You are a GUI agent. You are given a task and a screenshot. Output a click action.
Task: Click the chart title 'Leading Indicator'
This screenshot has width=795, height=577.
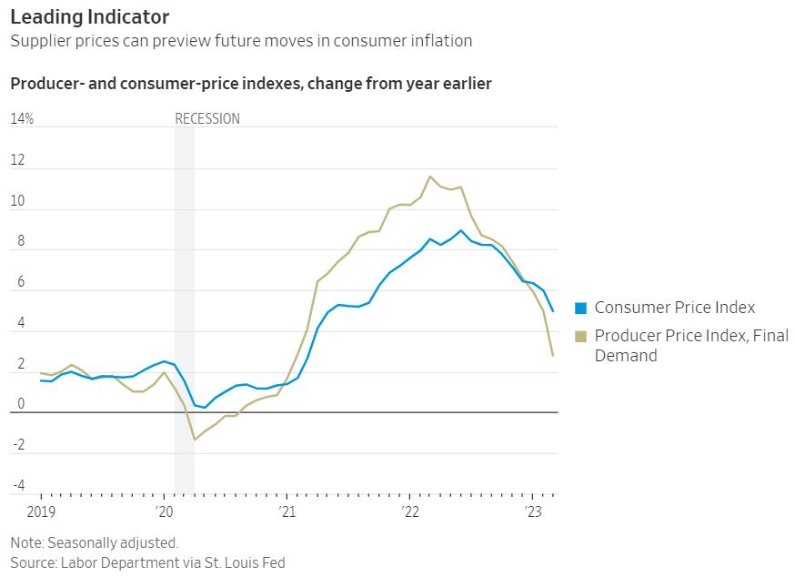(89, 16)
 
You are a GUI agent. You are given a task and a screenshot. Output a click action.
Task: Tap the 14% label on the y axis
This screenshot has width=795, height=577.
(22, 119)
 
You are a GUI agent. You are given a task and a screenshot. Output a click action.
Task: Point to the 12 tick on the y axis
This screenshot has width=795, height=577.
(18, 160)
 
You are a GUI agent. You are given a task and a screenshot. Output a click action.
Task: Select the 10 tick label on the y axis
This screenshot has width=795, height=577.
(18, 201)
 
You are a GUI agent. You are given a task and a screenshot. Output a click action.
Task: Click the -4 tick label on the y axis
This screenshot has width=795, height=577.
(18, 485)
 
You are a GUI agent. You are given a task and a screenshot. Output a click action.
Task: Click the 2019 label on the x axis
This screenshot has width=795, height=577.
(42, 512)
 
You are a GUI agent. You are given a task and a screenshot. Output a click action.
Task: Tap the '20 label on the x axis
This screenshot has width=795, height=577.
(165, 512)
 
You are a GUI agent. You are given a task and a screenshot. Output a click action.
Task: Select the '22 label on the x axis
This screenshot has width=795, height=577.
(409, 512)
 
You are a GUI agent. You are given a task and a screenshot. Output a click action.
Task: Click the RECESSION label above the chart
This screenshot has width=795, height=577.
(207, 119)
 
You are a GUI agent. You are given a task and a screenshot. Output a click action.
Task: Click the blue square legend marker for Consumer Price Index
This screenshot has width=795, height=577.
(581, 309)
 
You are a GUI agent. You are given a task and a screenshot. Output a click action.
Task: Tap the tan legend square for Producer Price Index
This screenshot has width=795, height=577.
(581, 337)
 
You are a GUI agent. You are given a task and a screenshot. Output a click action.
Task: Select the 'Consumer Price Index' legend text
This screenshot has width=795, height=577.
(675, 308)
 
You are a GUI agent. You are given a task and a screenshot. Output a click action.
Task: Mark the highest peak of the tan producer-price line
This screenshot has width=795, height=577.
(430, 177)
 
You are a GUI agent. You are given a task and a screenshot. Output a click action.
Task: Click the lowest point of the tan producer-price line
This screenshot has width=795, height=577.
(195, 440)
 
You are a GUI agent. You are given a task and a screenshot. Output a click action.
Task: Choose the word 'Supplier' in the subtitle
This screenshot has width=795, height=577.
(40, 41)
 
